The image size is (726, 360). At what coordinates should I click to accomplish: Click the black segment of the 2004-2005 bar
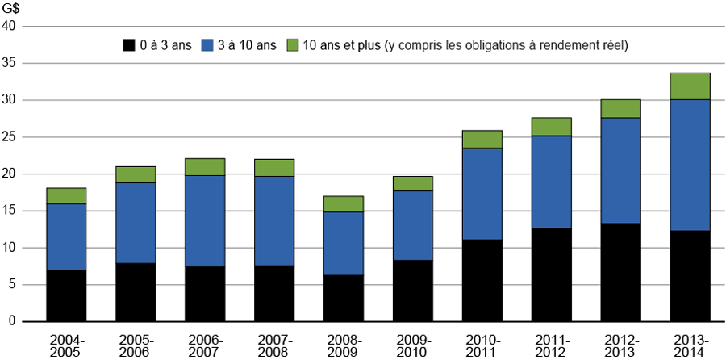(x=66, y=295)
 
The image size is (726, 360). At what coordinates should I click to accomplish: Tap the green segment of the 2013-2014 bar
(x=690, y=86)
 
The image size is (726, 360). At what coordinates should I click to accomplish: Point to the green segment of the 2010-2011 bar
(x=482, y=140)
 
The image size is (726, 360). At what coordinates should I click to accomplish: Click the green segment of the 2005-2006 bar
(x=136, y=174)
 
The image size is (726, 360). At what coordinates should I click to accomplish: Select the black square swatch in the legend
(x=128, y=45)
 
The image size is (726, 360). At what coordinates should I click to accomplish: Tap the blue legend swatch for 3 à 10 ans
(x=209, y=45)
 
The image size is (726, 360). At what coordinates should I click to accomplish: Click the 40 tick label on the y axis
(x=10, y=27)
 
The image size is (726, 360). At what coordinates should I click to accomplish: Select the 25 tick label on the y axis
(x=10, y=137)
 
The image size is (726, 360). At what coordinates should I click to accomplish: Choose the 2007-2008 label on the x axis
(x=274, y=343)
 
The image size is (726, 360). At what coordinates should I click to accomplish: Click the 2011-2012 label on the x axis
(x=552, y=343)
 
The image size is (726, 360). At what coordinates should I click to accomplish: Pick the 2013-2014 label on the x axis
(x=690, y=343)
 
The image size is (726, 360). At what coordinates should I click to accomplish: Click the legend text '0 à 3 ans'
(x=165, y=45)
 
